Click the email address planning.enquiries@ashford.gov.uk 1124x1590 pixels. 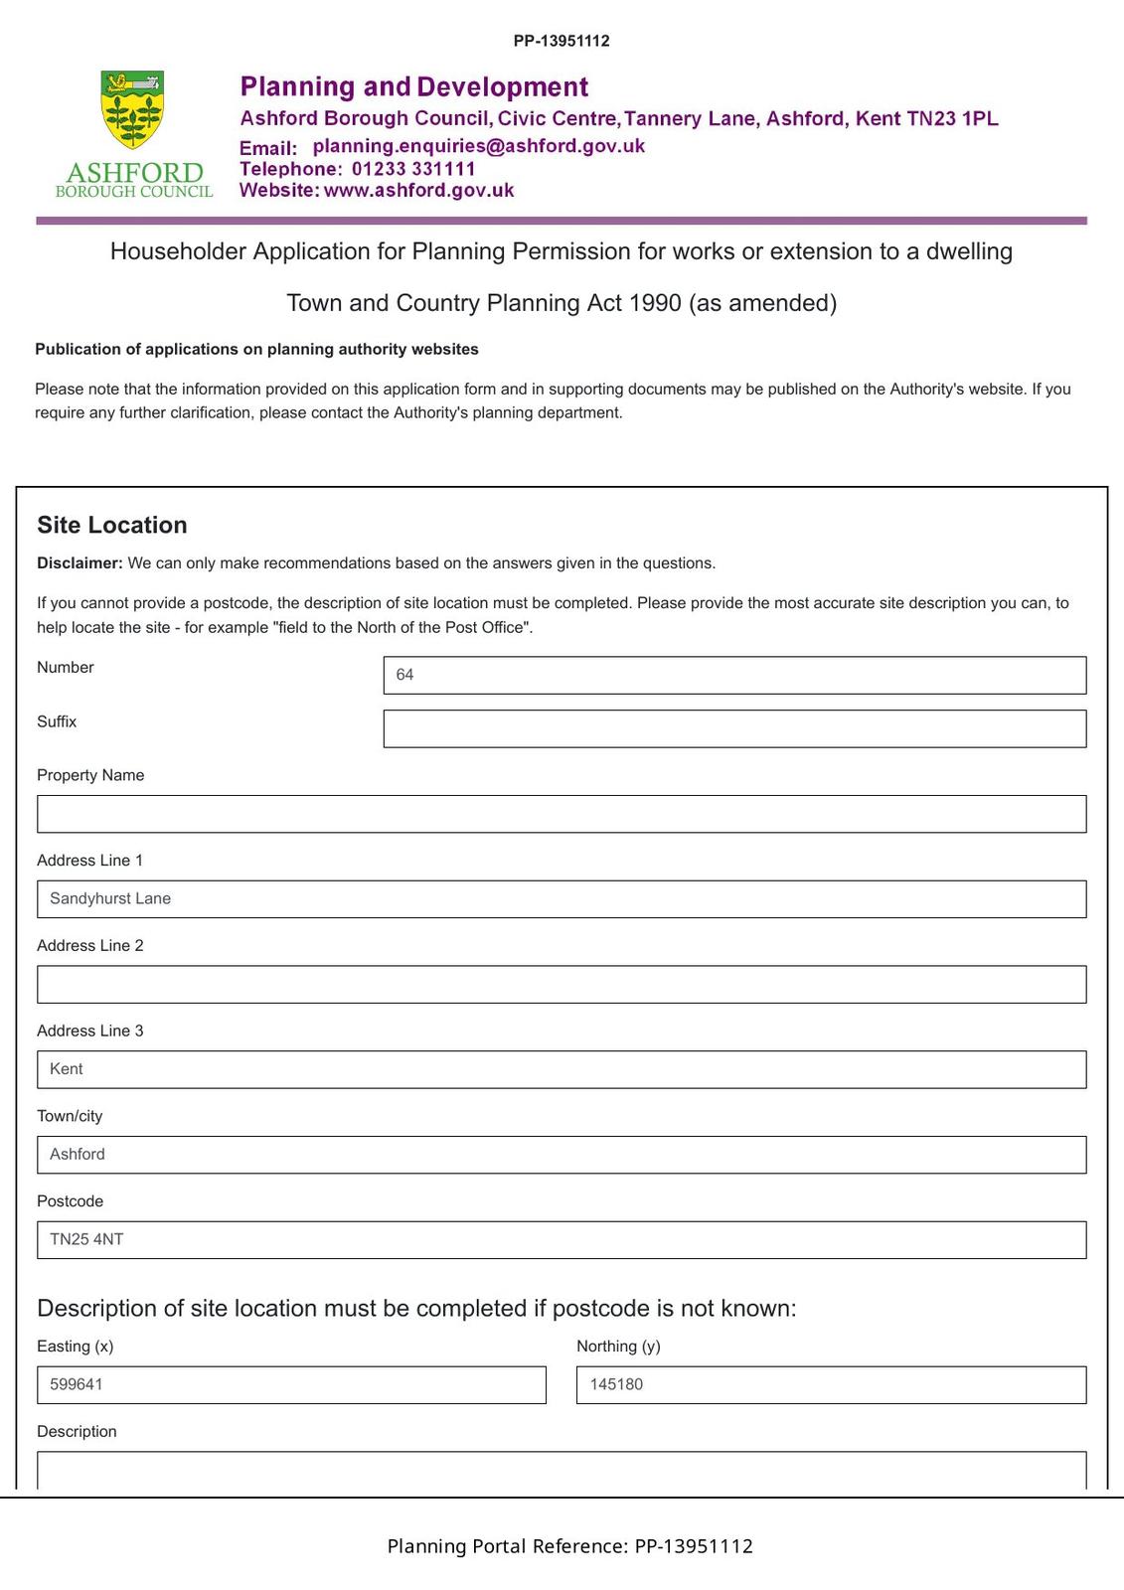[x=478, y=146]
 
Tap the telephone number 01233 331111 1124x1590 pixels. [x=413, y=169]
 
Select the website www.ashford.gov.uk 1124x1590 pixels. [x=418, y=191]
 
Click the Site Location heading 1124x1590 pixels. [x=112, y=525]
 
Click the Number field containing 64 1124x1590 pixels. [x=733, y=675]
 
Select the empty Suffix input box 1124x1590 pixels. [x=733, y=728]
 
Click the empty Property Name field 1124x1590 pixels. [x=562, y=814]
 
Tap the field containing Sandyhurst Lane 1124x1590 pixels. [x=562, y=899]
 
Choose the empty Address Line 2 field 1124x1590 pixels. [x=562, y=984]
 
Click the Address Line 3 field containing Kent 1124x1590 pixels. [x=562, y=1069]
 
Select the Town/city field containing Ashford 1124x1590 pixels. [x=562, y=1155]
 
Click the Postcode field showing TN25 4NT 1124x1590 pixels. [x=562, y=1239]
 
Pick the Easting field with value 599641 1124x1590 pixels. [x=291, y=1384]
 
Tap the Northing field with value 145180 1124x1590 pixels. [x=831, y=1384]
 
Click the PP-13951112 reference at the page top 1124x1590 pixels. [x=562, y=41]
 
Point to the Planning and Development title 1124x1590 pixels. [x=414, y=87]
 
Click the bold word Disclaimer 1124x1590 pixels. [x=80, y=563]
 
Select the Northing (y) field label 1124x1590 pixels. [x=618, y=1347]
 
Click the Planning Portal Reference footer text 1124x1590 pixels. [x=569, y=1546]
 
